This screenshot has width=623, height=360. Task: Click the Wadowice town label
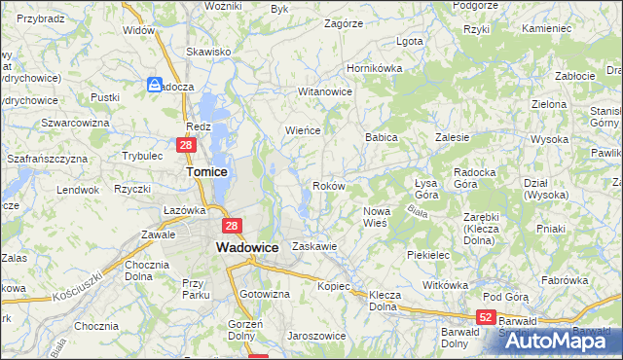pos(246,248)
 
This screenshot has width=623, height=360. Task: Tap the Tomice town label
pos(206,171)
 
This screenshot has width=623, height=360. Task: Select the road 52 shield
pos(487,318)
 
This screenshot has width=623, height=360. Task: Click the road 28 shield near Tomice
pos(187,145)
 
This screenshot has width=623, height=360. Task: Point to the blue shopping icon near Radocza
pos(155,86)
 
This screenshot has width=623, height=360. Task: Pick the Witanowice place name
pos(324,91)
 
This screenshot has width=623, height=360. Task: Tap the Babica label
pos(382,138)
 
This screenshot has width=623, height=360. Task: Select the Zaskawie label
pos(314,247)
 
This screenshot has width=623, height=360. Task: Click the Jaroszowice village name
pos(316,336)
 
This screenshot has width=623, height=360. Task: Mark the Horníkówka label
pos(375,69)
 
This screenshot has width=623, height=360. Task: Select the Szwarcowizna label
pos(74,123)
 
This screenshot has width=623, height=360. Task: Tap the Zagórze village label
pos(344,22)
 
